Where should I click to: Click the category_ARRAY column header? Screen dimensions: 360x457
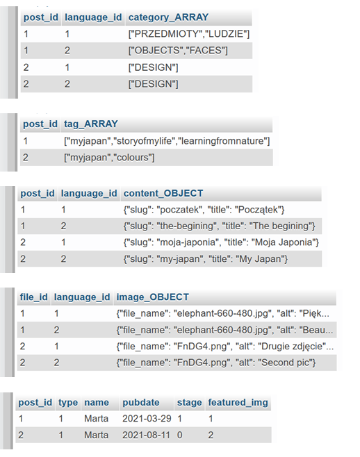click(168, 17)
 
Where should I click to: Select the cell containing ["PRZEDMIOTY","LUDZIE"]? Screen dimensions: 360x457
click(189, 34)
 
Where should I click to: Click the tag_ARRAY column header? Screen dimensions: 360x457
click(91, 124)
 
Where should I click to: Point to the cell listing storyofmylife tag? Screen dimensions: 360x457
click(167, 141)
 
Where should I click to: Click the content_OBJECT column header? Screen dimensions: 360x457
click(163, 193)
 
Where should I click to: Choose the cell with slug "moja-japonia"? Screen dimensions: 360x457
click(221, 242)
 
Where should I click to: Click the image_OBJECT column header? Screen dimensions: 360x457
click(153, 297)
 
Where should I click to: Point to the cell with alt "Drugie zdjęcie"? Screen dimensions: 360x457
click(225, 347)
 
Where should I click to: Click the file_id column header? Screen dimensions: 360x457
click(33, 297)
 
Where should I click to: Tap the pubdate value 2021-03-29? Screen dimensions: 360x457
click(147, 419)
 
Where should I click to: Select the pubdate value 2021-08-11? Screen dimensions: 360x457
click(146, 435)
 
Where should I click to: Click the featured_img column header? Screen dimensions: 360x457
click(238, 403)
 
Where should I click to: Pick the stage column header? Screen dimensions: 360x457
click(189, 403)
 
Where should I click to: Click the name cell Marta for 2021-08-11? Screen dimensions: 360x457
click(97, 435)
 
